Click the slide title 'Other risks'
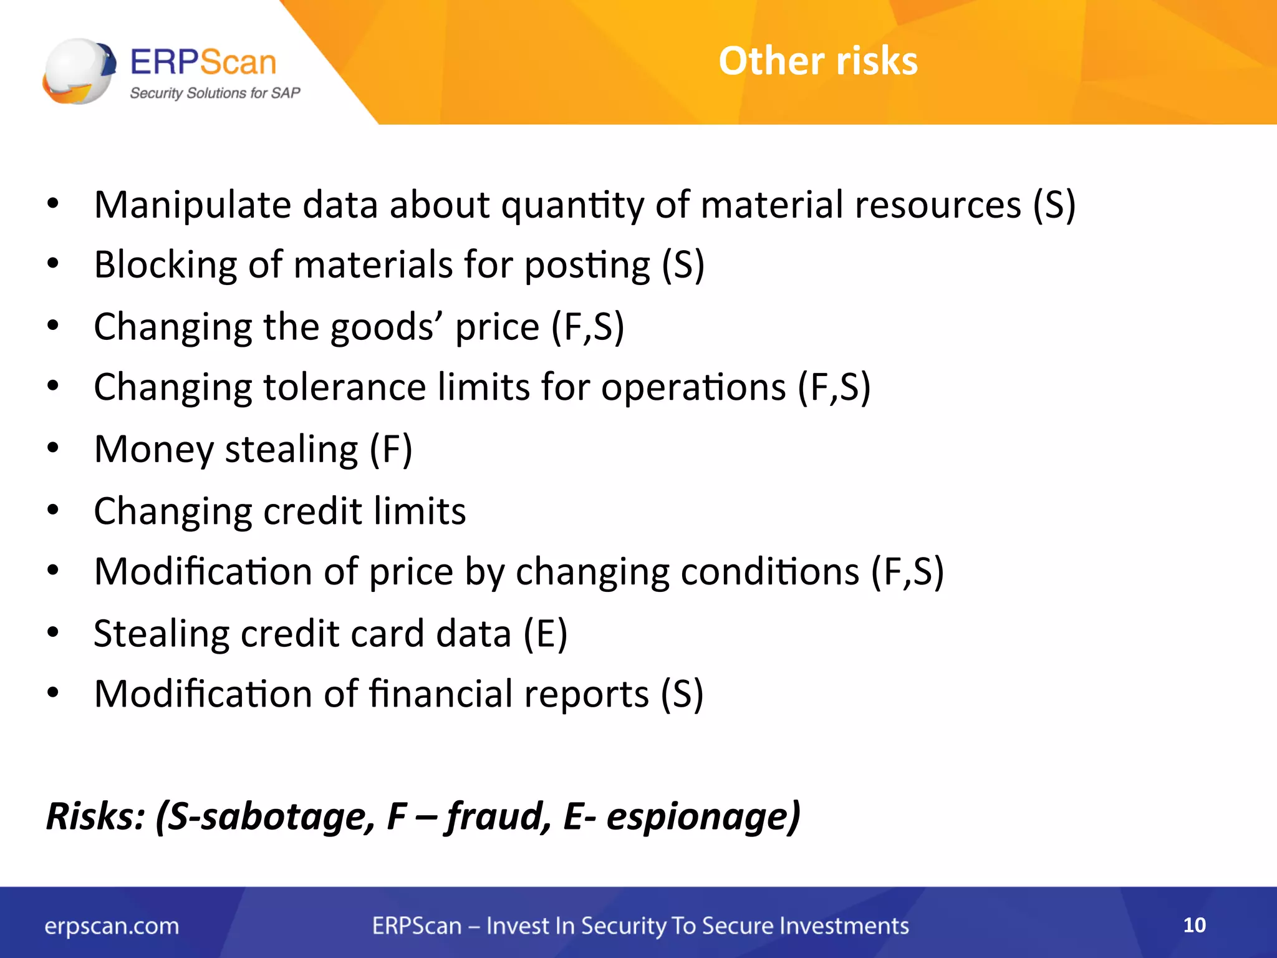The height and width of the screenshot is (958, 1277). pyautogui.click(x=817, y=61)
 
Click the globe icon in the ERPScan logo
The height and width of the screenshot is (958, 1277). pyautogui.click(x=79, y=70)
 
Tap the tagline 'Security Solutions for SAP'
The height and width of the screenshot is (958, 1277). pyautogui.click(x=214, y=94)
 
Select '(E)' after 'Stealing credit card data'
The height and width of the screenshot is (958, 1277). pyautogui.click(x=545, y=634)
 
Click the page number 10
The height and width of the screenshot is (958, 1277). pyautogui.click(x=1194, y=925)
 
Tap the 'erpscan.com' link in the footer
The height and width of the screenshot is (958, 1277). pyautogui.click(x=112, y=926)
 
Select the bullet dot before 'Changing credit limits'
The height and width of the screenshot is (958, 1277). pyautogui.click(x=53, y=510)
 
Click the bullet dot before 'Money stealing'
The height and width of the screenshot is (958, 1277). pyautogui.click(x=53, y=448)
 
